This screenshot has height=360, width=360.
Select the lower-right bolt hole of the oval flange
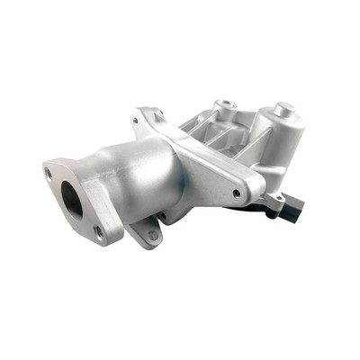coord(98,230)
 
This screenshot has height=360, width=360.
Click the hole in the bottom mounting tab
coord(153,235)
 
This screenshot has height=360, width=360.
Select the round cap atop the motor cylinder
coord(285,110)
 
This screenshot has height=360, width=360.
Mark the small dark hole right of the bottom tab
coord(161,216)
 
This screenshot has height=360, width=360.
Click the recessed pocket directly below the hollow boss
coord(216,135)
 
